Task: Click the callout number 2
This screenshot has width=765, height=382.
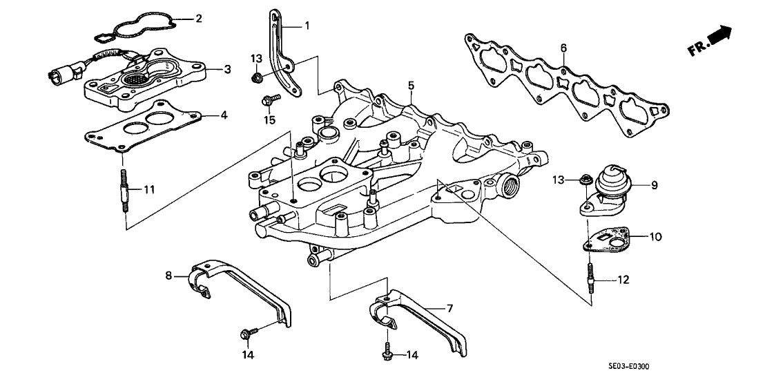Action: pyautogui.click(x=199, y=19)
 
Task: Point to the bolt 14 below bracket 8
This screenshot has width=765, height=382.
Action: pyautogui.click(x=246, y=334)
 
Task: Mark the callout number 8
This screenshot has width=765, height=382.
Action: pyautogui.click(x=168, y=276)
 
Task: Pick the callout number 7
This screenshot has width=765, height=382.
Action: pyautogui.click(x=451, y=308)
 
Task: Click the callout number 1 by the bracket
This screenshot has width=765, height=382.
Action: pyautogui.click(x=307, y=26)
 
